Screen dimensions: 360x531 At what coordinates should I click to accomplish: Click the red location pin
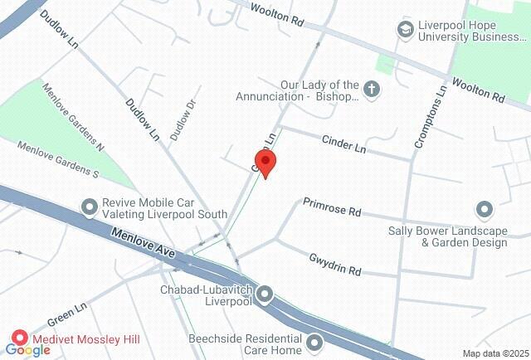pyautogui.click(x=265, y=163)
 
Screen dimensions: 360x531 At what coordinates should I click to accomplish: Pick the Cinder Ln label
pyautogui.click(x=343, y=144)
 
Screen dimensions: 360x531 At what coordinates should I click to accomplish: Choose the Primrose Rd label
pyautogui.click(x=331, y=207)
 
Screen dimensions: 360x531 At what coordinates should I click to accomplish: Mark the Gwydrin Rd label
pyautogui.click(x=335, y=264)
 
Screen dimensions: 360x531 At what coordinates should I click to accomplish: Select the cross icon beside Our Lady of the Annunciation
pyautogui.click(x=373, y=90)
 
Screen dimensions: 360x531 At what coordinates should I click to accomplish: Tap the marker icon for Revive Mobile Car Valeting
pyautogui.click(x=89, y=205)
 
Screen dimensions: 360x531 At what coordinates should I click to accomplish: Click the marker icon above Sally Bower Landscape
pyautogui.click(x=484, y=209)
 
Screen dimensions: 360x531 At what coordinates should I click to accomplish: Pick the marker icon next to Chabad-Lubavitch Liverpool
pyautogui.click(x=265, y=294)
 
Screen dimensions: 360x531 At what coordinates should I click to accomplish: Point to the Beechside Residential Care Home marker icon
pyautogui.click(x=314, y=342)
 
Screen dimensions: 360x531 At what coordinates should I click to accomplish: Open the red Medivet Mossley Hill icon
pyautogui.click(x=19, y=339)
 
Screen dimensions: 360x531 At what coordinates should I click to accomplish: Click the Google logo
pyautogui.click(x=28, y=350)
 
